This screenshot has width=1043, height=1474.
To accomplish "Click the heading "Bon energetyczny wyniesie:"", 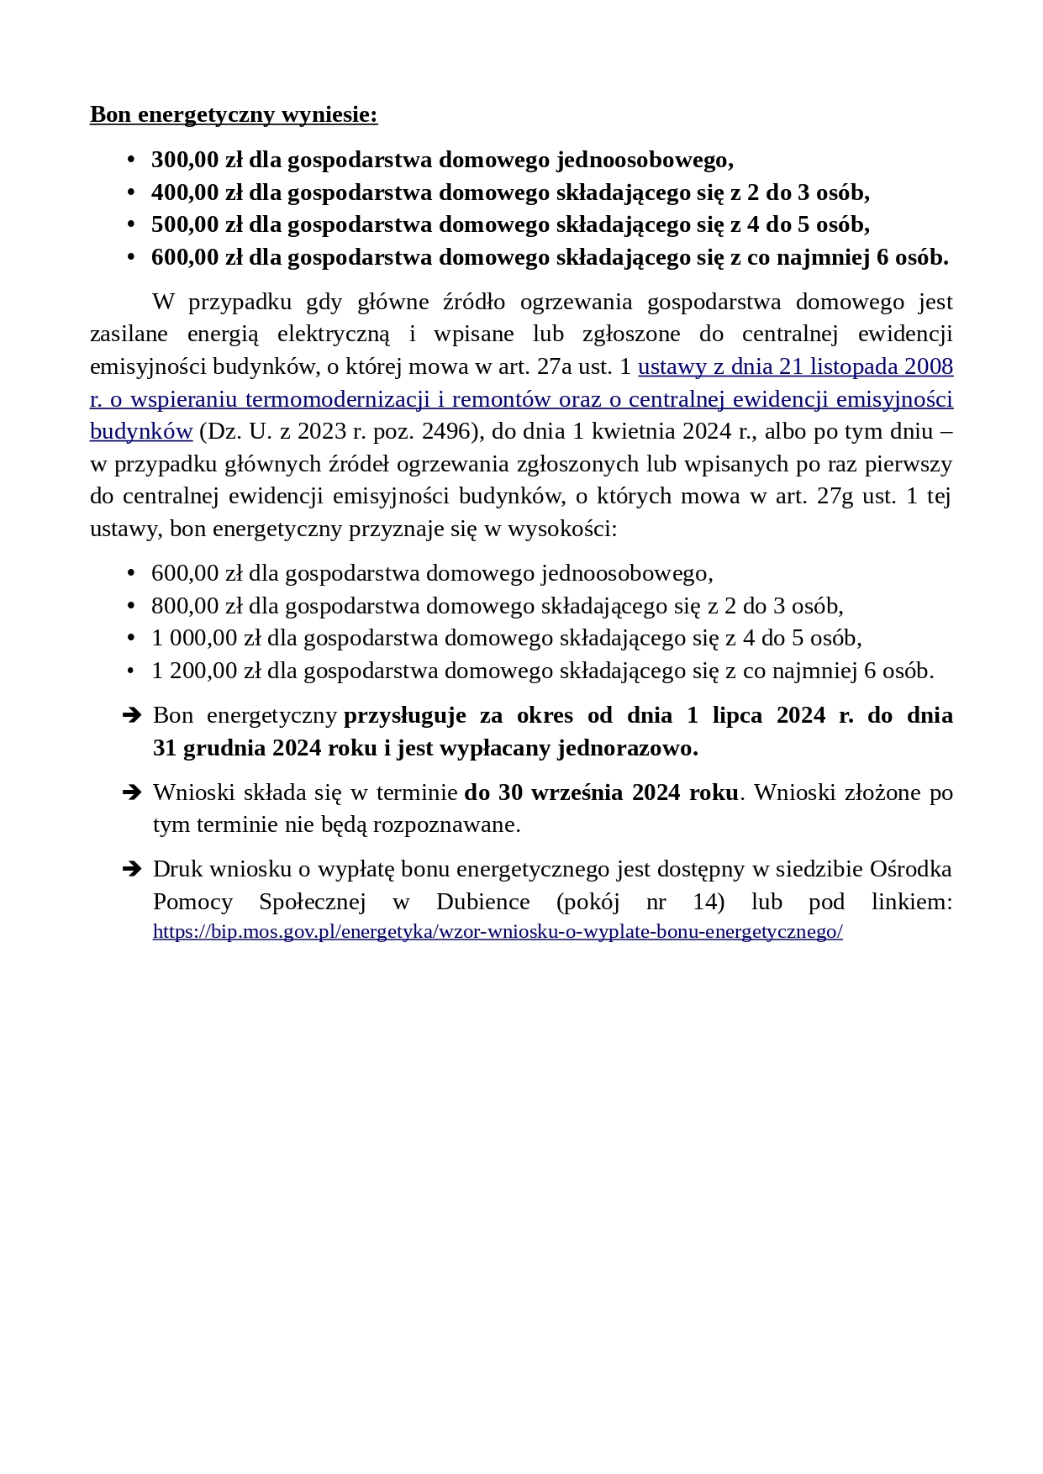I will tap(234, 114).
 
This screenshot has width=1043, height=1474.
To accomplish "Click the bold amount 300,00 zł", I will tap(197, 160).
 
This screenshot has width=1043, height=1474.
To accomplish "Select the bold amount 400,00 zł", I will tap(197, 192).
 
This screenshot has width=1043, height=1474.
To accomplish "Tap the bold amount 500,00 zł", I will tap(197, 224).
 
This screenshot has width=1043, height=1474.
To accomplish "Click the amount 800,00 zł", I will tap(197, 606).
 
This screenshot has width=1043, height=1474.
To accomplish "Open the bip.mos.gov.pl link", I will tap(498, 931).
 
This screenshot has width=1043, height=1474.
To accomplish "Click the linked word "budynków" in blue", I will tap(141, 431).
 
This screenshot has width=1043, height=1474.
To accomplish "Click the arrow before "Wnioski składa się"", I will tap(132, 792).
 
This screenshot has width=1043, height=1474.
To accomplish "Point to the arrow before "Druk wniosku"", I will tap(132, 869).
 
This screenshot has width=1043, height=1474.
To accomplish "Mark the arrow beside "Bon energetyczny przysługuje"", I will tap(132, 715).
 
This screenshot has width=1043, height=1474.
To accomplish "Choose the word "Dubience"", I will tap(483, 902).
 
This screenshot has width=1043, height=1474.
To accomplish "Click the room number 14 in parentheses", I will tap(704, 902).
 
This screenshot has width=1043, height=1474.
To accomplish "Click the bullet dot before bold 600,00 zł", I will tap(130, 257).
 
